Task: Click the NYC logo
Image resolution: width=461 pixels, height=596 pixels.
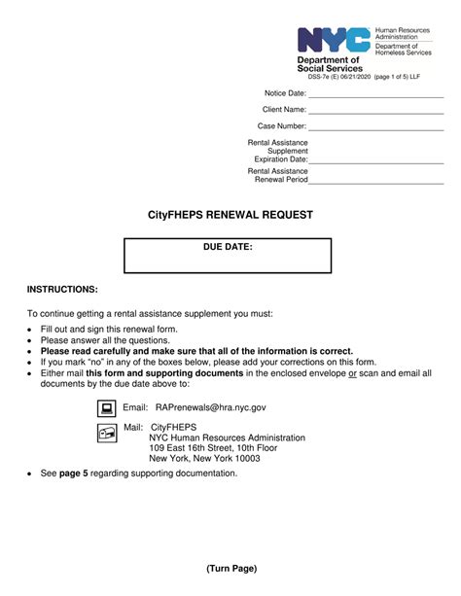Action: (x=334, y=40)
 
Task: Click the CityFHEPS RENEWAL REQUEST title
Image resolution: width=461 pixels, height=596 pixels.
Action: (x=230, y=215)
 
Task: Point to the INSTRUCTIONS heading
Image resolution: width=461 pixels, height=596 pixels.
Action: (x=62, y=290)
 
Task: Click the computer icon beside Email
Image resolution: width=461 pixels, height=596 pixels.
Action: (x=106, y=408)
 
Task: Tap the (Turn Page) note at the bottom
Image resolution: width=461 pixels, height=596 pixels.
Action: (x=230, y=568)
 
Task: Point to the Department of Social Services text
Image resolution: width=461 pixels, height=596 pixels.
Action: (x=329, y=64)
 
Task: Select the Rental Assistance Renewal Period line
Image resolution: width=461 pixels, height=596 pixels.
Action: (x=376, y=181)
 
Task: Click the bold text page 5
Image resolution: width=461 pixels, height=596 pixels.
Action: (x=74, y=473)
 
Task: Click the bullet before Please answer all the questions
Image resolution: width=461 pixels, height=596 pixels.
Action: (x=30, y=341)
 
